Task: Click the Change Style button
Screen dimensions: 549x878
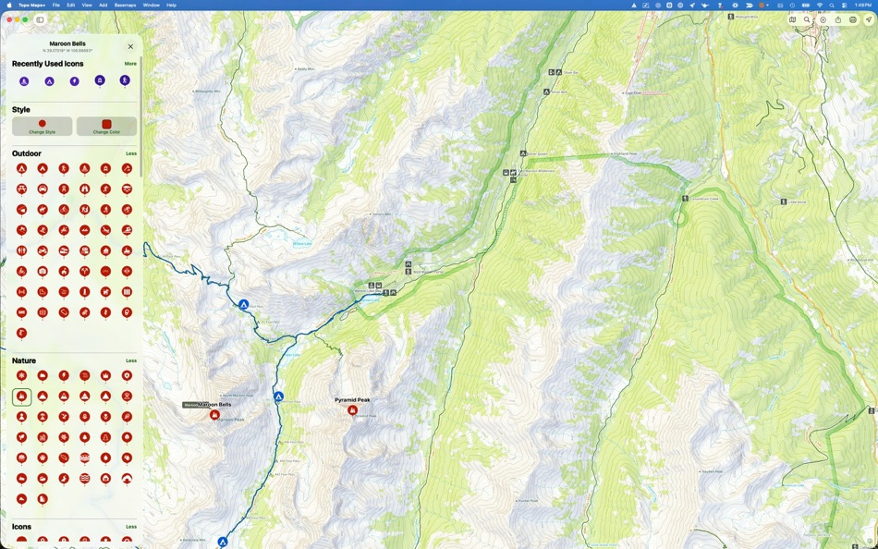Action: (x=42, y=126)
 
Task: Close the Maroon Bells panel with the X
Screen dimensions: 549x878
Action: (x=130, y=46)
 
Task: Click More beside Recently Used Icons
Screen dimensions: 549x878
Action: (x=130, y=64)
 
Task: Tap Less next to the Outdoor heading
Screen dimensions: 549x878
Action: (x=131, y=153)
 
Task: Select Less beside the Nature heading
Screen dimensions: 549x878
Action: (x=131, y=360)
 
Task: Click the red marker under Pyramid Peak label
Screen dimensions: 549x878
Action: (x=352, y=409)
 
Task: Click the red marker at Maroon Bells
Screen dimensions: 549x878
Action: (x=214, y=415)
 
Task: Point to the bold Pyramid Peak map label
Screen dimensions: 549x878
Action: (x=352, y=400)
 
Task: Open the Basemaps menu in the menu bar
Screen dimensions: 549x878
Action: (x=125, y=5)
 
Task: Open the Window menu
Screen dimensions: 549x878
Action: (x=151, y=5)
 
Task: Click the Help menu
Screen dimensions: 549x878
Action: (x=171, y=5)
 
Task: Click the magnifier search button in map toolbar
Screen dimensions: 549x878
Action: (x=807, y=19)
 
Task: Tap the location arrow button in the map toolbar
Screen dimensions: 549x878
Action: (x=868, y=19)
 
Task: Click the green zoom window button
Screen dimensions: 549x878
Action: (x=25, y=19)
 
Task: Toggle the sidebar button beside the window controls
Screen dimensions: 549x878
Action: (x=41, y=19)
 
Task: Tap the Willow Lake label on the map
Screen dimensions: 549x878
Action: (x=302, y=243)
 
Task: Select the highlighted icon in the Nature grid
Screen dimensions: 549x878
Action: (x=21, y=396)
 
